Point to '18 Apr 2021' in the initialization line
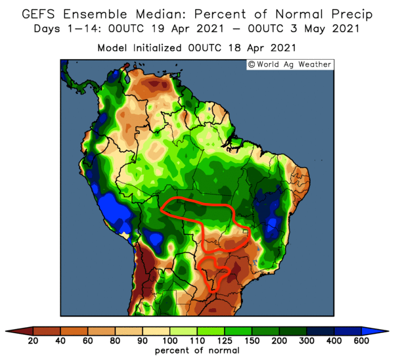coord(261,48)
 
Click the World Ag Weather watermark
coord(289,64)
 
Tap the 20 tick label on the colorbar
coord(32,340)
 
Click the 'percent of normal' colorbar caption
coord(197,351)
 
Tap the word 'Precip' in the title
coord(348,14)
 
